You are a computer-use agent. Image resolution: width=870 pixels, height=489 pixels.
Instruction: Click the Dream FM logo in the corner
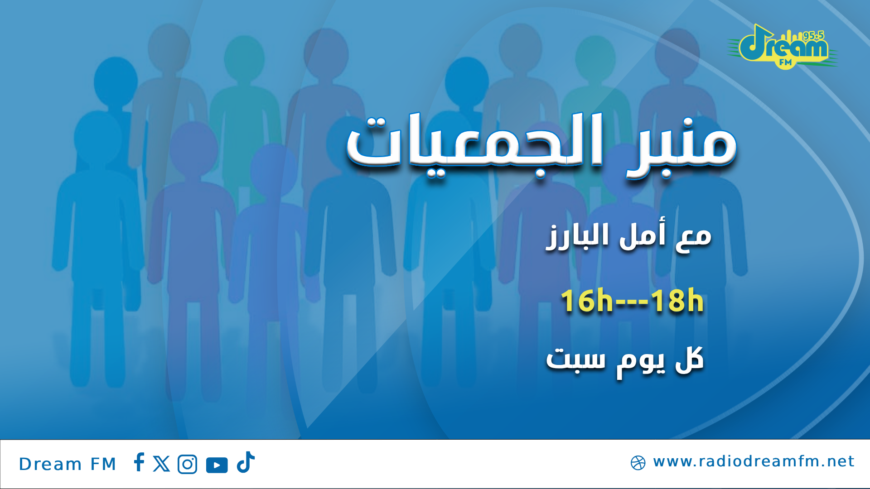pyautogui.click(x=783, y=47)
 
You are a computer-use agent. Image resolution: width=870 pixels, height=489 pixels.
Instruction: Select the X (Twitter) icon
pyautogui.click(x=161, y=464)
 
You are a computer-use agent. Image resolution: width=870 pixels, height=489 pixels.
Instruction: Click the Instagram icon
pyautogui.click(x=188, y=464)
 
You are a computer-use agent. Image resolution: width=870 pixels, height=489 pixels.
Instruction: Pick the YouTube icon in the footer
pyautogui.click(x=217, y=465)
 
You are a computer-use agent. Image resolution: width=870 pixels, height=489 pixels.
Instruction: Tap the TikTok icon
pyautogui.click(x=246, y=462)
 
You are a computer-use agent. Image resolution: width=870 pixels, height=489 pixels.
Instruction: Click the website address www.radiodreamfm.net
pyautogui.click(x=754, y=461)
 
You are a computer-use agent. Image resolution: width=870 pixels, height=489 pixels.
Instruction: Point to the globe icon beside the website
pyautogui.click(x=638, y=463)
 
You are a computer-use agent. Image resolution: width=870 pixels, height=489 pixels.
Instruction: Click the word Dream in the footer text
pyautogui.click(x=50, y=464)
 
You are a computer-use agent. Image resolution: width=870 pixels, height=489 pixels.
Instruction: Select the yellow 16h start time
pyautogui.click(x=586, y=301)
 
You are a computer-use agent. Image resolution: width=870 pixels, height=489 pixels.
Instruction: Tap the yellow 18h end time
pyautogui.click(x=677, y=301)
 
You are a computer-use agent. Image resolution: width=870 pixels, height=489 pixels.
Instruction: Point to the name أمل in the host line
pyautogui.click(x=643, y=234)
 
